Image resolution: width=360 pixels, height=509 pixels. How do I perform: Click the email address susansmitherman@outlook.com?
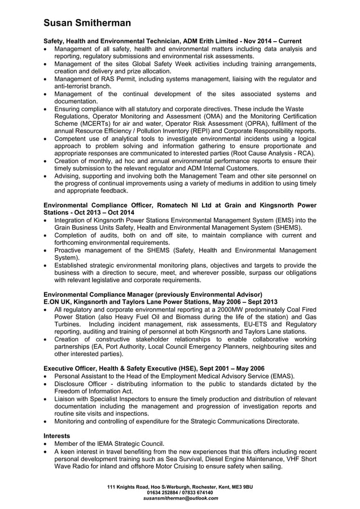tap(179, 499)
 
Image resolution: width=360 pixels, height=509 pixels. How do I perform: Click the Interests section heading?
tap(57, 436)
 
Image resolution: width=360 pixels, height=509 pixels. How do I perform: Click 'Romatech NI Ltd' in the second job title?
tap(182, 205)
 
